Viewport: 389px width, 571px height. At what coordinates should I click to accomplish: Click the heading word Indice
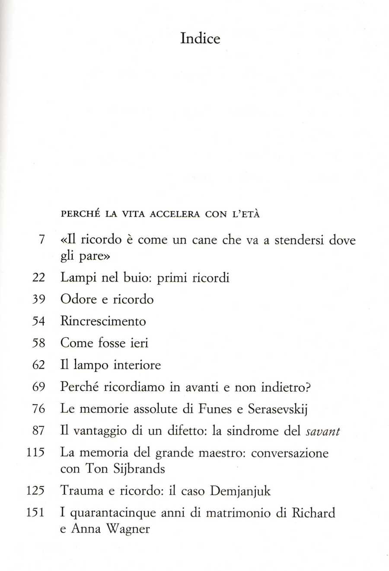(x=200, y=39)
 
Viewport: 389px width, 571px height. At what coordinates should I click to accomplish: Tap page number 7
(x=41, y=240)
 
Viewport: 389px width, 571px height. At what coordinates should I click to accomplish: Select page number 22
(x=39, y=278)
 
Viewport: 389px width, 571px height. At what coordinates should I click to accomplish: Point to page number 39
(x=39, y=299)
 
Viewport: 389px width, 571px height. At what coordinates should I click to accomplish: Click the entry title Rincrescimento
(x=103, y=321)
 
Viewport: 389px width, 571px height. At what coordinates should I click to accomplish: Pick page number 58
(x=39, y=343)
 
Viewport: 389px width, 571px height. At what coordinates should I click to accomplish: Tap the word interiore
(x=137, y=365)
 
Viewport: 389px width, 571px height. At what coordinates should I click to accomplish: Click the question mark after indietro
(x=307, y=387)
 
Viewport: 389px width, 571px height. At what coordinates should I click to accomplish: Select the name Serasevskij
(x=277, y=409)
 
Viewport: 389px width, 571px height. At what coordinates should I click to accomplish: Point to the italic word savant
(x=323, y=431)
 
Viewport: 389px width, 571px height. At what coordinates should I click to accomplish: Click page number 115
(x=36, y=453)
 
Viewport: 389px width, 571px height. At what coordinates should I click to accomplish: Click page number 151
(x=36, y=513)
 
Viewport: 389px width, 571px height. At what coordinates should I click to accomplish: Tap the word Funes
(x=216, y=409)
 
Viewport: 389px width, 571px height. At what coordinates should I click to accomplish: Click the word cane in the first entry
(x=204, y=240)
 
